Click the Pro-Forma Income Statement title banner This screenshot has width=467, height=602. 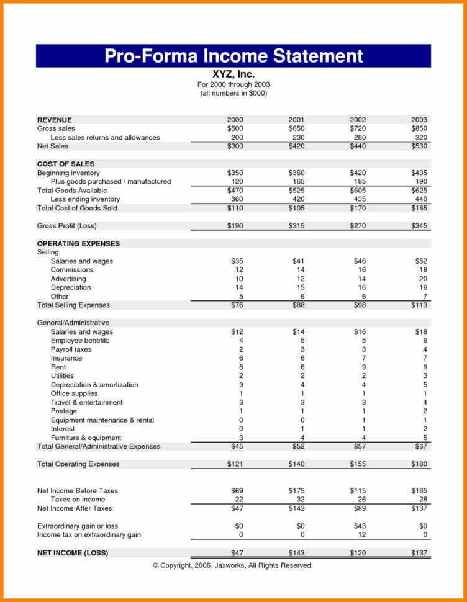pos(233,56)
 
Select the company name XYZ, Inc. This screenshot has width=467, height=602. pos(233,74)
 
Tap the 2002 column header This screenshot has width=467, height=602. pos(358,120)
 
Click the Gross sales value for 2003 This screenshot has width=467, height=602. pos(419,128)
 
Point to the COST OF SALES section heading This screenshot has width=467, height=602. pos(66,164)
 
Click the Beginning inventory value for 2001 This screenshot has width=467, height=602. pos(297,173)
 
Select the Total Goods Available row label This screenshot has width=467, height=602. pos(72,191)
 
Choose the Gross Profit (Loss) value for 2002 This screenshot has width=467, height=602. pos(358,226)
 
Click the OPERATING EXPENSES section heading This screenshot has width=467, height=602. pos(78,244)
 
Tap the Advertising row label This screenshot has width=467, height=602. pos(68,279)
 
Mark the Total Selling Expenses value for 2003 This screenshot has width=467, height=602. pos(419,305)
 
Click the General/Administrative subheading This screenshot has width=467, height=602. pos(73,323)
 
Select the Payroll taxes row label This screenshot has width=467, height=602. pos(71,349)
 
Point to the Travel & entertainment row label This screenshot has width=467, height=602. pos(87,402)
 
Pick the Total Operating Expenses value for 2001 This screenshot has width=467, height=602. pos(297,464)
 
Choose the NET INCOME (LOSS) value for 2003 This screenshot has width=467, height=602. pos(419,552)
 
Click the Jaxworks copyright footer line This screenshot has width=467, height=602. pos(233,565)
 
